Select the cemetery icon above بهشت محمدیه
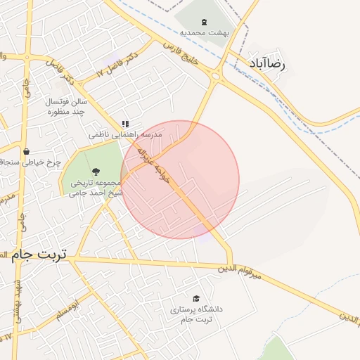tap(204, 22)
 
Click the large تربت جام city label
tap(39, 254)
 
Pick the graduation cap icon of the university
tap(195, 298)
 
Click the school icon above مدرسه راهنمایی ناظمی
tap(126, 124)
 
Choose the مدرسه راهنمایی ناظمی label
tap(125, 134)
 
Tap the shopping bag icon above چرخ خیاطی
tap(27, 151)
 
